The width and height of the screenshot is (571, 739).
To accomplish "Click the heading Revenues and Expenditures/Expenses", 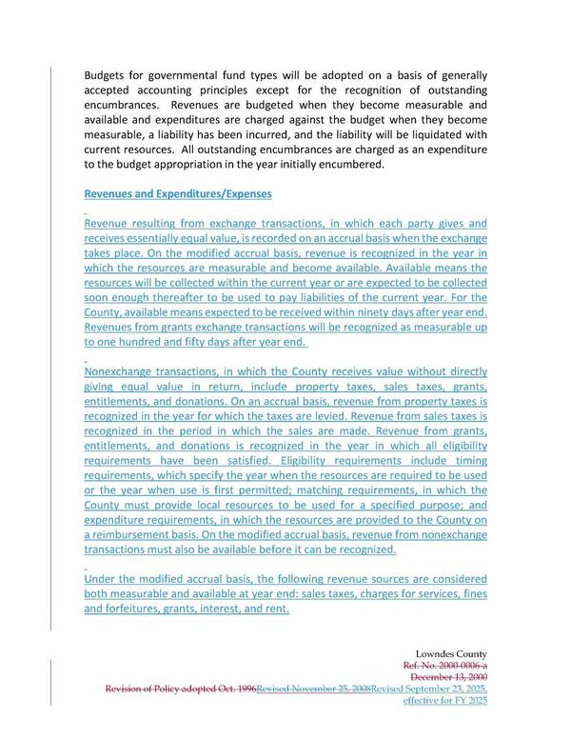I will pyautogui.click(x=178, y=193).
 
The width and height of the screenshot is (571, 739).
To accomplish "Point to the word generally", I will pyautogui.click(x=462, y=75).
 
